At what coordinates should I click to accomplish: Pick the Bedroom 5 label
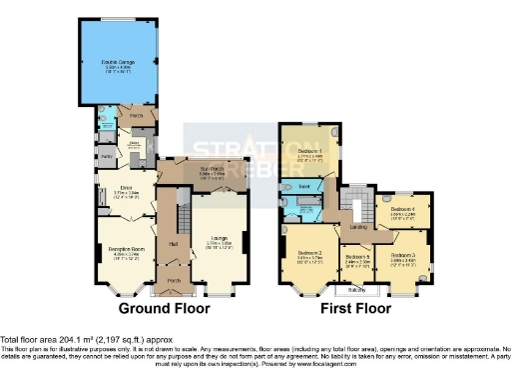point(357,258)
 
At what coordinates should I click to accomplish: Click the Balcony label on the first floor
point(355,290)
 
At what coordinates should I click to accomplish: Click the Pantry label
point(107,157)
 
